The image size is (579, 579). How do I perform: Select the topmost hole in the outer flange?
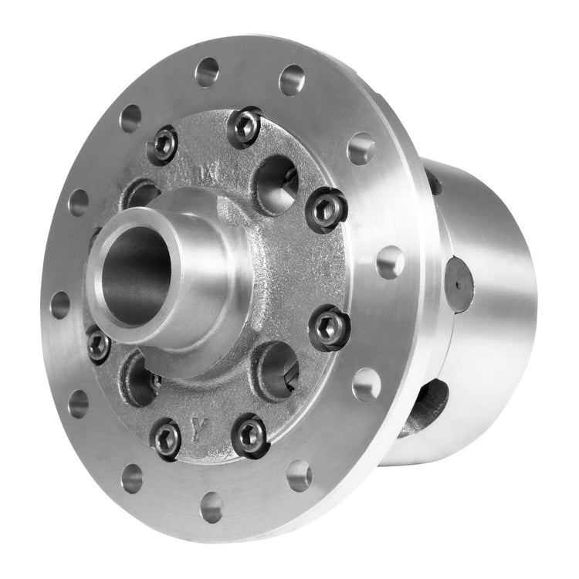pos(207,72)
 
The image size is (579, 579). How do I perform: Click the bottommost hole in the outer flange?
pos(212,506)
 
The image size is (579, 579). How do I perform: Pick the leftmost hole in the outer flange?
pos(59,304)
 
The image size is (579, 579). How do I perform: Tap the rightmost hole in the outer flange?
pos(391,262)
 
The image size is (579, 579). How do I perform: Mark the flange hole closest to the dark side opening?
pos(367,384)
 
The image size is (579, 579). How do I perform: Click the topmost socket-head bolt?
pos(244,127)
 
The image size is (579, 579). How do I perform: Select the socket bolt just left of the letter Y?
pos(167,438)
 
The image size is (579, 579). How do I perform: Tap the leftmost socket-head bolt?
pos(98,344)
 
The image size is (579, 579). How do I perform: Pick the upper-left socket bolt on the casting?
pos(163,144)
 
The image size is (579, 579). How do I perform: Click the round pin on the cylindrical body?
pos(459,284)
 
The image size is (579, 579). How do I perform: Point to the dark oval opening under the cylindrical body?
pos(425,407)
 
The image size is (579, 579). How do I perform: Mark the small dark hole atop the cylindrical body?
pos(434,184)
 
